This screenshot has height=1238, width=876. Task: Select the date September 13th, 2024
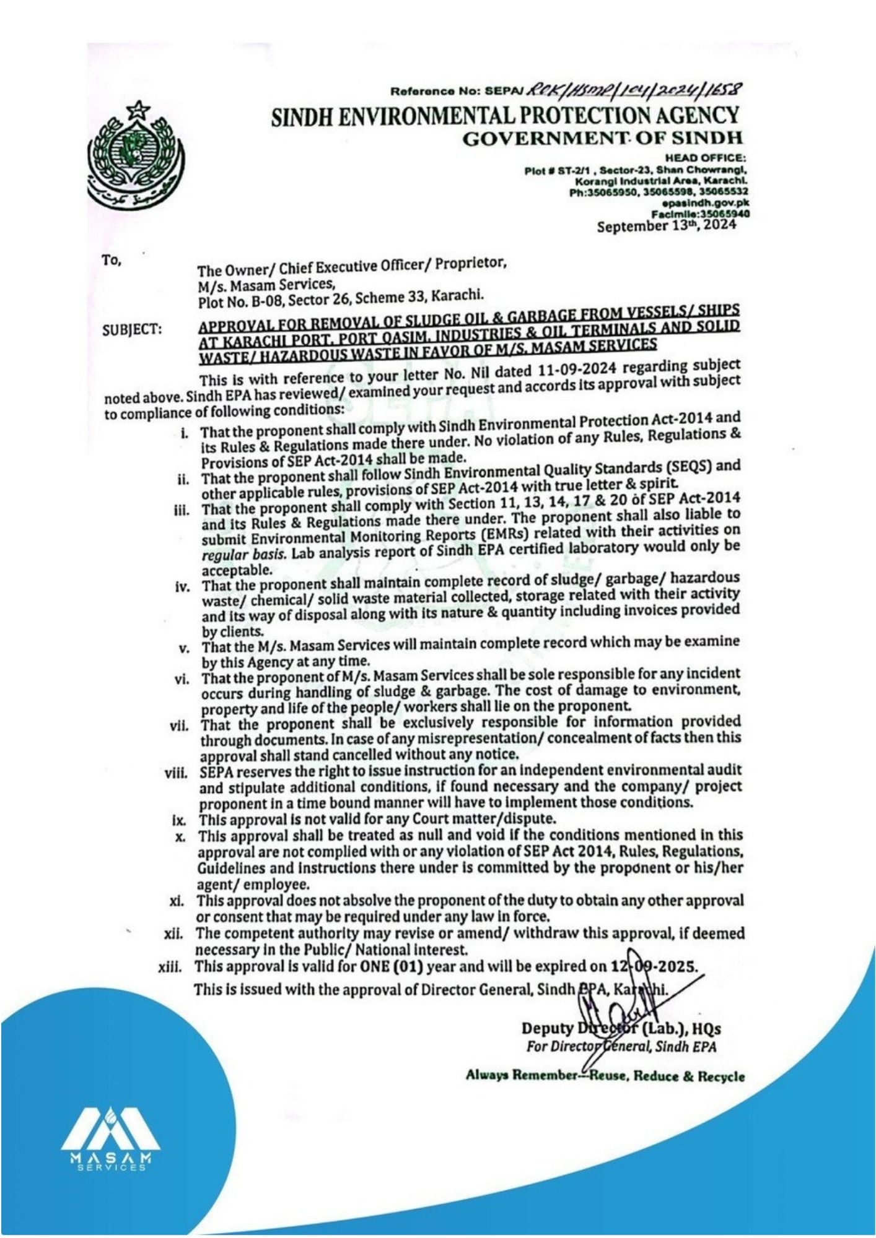click(x=666, y=225)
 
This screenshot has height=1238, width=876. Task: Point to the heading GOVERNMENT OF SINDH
click(x=602, y=137)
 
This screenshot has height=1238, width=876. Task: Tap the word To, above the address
click(x=112, y=261)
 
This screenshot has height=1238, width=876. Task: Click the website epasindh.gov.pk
click(x=706, y=202)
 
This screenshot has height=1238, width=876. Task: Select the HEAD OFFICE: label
click(x=705, y=158)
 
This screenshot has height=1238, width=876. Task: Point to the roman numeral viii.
click(x=176, y=774)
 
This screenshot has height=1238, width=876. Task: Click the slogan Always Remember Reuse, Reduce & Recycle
click(x=605, y=1076)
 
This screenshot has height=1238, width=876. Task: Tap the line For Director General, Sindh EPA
click(x=621, y=1046)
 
